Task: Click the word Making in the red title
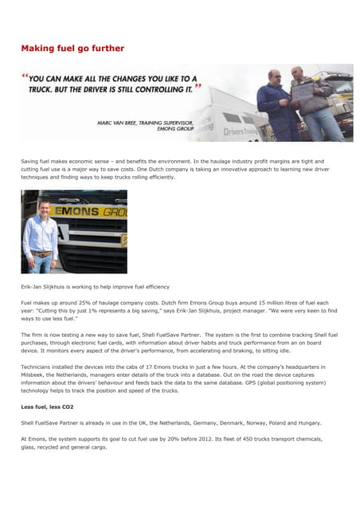tap(38, 49)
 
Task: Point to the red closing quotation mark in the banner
tap(198, 84)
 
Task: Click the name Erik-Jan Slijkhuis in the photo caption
tap(49, 287)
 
